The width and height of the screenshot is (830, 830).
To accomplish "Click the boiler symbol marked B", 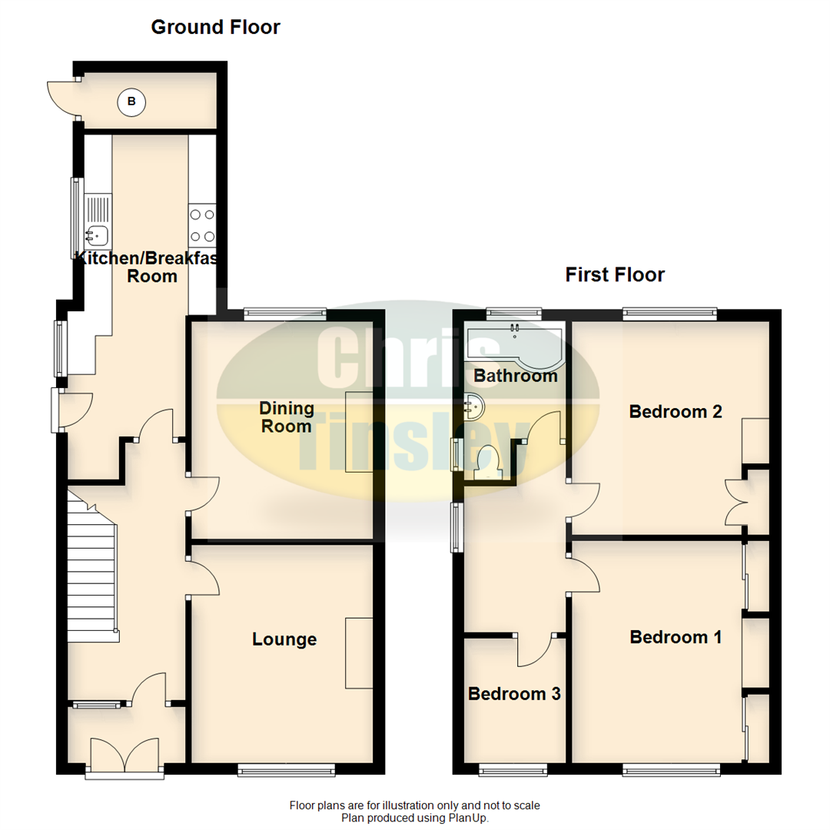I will point(131,101).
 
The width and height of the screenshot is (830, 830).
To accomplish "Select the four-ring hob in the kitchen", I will point(202,225).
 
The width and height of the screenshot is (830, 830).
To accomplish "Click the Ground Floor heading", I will point(215,28).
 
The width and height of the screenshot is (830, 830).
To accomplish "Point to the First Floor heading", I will point(615,274).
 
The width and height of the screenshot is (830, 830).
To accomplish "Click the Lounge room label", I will point(284,639).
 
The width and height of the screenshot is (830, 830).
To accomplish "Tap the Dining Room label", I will point(286,417).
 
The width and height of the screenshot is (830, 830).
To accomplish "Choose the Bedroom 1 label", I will point(675,637).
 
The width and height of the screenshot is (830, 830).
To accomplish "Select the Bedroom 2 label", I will point(675,411).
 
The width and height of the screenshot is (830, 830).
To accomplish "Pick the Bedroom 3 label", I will point(514,694).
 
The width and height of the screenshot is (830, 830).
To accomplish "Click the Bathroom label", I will point(515,376).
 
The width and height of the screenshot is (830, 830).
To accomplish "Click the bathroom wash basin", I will point(474,405).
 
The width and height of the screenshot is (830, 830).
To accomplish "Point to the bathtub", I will point(515,343).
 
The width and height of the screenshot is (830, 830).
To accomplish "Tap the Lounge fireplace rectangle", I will point(359,652).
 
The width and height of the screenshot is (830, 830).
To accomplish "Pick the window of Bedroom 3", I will point(513,769).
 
